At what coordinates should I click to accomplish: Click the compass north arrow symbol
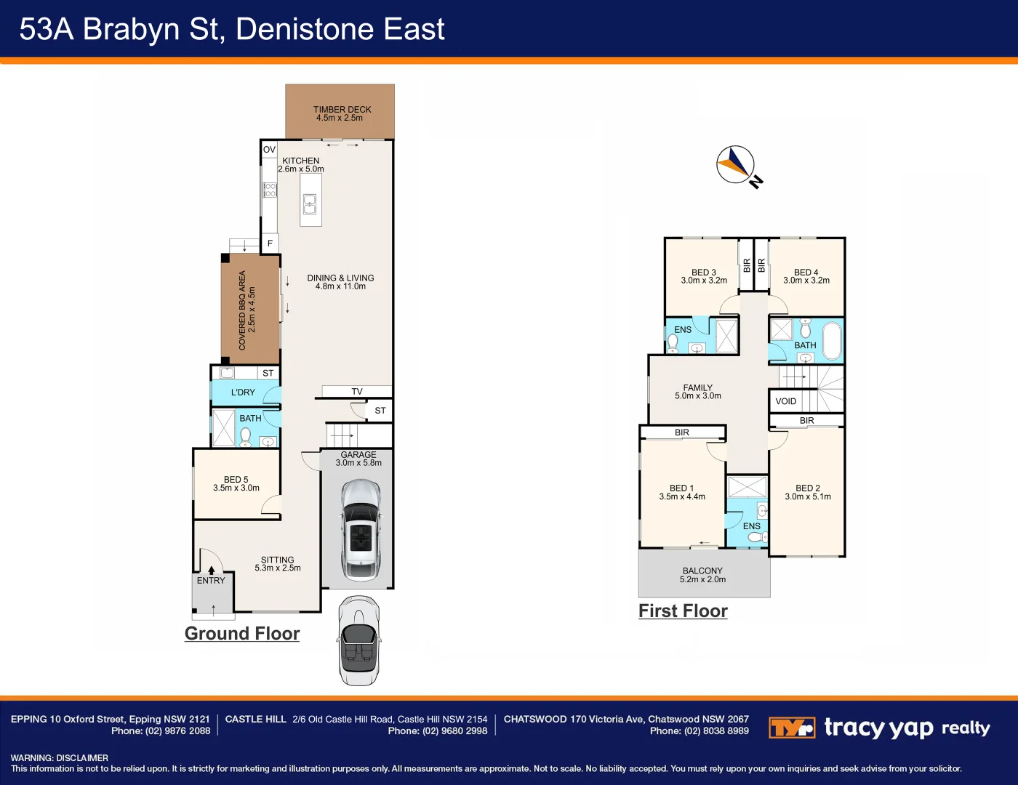pyautogui.click(x=736, y=164)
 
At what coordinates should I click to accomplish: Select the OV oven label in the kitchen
pyautogui.click(x=269, y=150)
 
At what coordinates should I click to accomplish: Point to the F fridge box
pyautogui.click(x=270, y=243)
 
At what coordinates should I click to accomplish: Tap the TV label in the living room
pyautogui.click(x=356, y=392)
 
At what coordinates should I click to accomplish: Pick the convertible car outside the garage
pyautogui.click(x=359, y=640)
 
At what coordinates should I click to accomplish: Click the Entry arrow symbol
pyautogui.click(x=211, y=571)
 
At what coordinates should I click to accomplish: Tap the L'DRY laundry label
pyautogui.click(x=243, y=392)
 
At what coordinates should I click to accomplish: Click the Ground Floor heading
pyautogui.click(x=242, y=634)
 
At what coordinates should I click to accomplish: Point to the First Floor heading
pyautogui.click(x=683, y=611)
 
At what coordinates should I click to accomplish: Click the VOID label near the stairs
pyautogui.click(x=786, y=401)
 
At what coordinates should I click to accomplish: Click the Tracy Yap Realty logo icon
pyautogui.click(x=792, y=728)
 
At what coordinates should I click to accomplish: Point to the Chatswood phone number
pyautogui.click(x=699, y=731)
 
